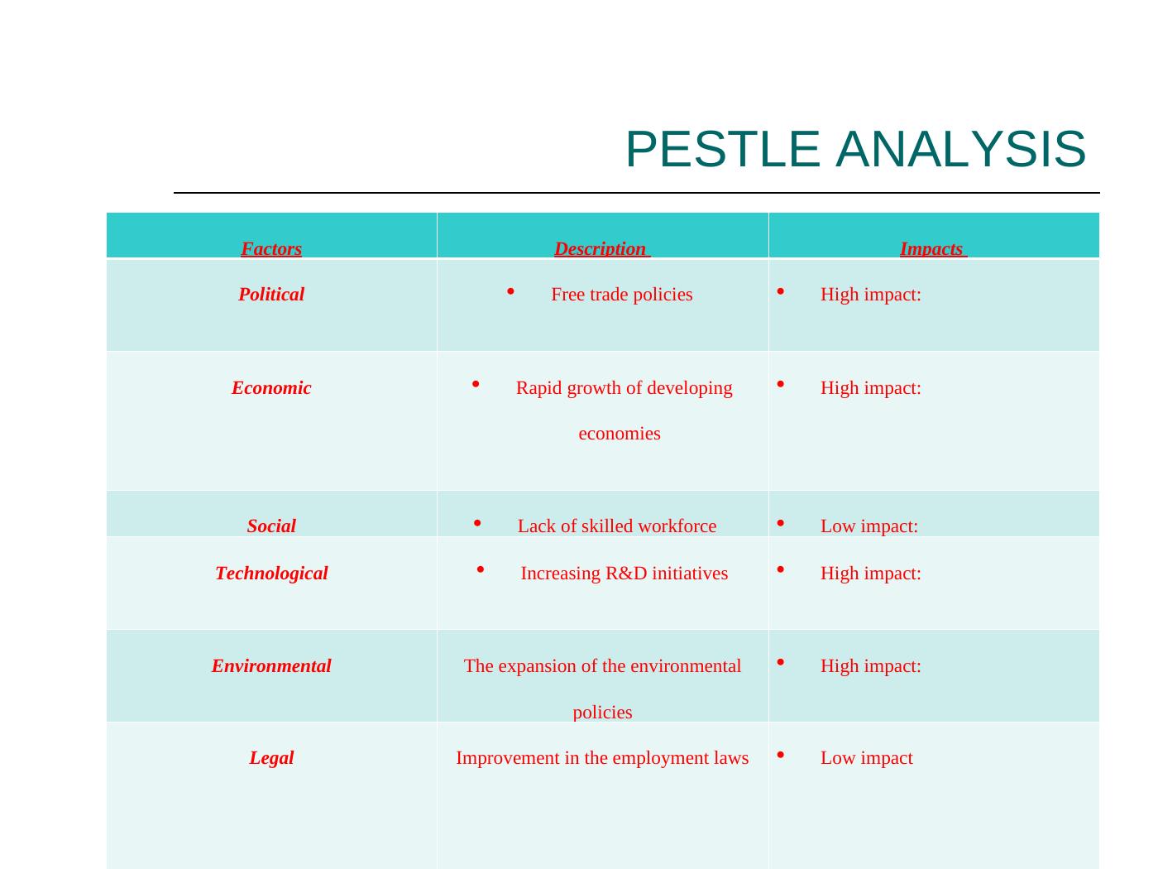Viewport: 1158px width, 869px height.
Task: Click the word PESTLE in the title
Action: pyautogui.click(x=723, y=149)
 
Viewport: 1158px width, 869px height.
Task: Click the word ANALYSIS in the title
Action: pyautogui.click(x=960, y=149)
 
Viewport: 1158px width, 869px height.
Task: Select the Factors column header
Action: pyautogui.click(x=271, y=248)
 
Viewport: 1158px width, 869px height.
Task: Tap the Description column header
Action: pyautogui.click(x=601, y=248)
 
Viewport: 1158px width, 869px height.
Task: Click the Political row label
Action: pyautogui.click(x=271, y=294)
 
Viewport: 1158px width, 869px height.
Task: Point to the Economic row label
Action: pyautogui.click(x=271, y=388)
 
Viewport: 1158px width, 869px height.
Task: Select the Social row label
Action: pyautogui.click(x=271, y=526)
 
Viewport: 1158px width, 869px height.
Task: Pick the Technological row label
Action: pyautogui.click(x=271, y=573)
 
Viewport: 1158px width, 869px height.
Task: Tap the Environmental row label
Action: pyautogui.click(x=271, y=666)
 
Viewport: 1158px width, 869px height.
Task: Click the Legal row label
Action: pyautogui.click(x=271, y=758)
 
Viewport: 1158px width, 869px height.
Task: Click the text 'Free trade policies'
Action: pyautogui.click(x=621, y=295)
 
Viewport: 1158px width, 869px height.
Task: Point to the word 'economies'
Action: pyautogui.click(x=620, y=434)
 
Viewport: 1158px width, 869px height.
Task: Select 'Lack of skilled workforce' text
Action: pyautogui.click(x=617, y=526)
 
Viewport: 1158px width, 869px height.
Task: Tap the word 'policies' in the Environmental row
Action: pyautogui.click(x=602, y=713)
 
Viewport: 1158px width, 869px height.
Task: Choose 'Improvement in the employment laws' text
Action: pyautogui.click(x=602, y=758)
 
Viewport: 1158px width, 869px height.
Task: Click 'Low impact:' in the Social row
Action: pyautogui.click(x=868, y=526)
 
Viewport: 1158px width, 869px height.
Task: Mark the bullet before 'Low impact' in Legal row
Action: pyautogui.click(x=780, y=755)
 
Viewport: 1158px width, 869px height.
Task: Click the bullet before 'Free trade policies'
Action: pyautogui.click(x=510, y=291)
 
